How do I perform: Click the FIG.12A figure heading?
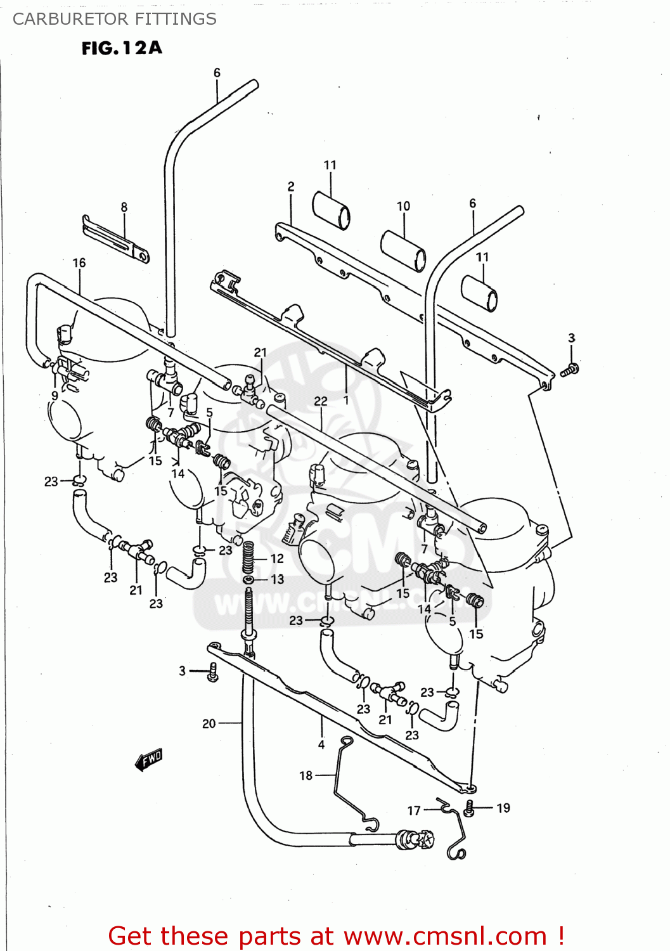click(122, 48)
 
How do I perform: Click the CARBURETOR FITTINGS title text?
click(114, 19)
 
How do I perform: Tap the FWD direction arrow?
click(150, 759)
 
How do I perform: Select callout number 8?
click(124, 207)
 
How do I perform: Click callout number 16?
click(79, 262)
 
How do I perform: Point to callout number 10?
click(403, 206)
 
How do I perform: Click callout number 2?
click(291, 186)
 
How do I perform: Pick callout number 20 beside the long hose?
click(209, 723)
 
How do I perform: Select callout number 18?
click(306, 775)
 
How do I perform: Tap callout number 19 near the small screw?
click(503, 808)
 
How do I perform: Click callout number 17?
click(414, 810)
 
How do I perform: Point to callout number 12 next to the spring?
click(277, 559)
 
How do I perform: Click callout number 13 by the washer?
click(277, 579)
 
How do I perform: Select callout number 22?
click(321, 401)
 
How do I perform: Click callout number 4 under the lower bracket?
click(321, 744)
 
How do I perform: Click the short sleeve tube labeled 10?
click(403, 251)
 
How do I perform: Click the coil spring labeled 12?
click(248, 557)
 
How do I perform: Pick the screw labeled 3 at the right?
click(569, 370)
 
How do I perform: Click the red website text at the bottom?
click(336, 936)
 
